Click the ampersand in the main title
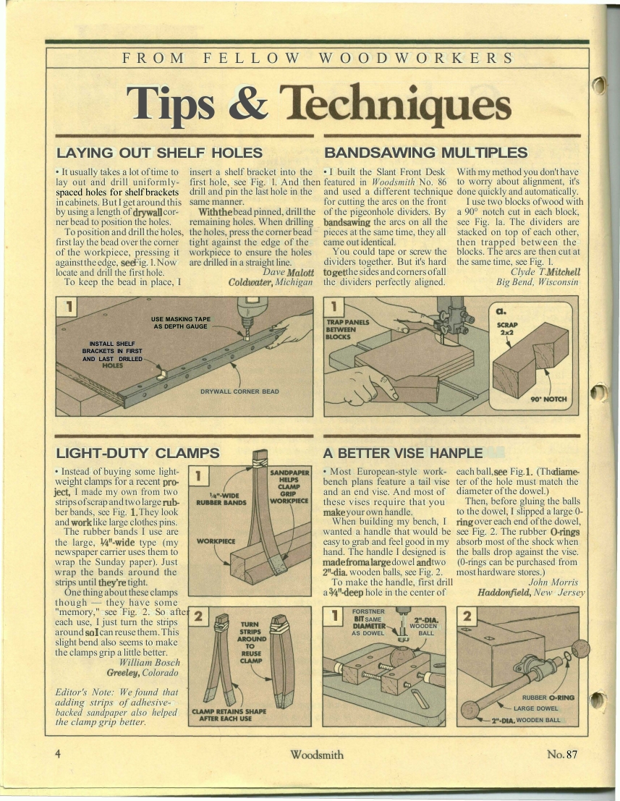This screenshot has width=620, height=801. (x=248, y=101)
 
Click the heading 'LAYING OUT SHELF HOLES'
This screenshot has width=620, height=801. (x=159, y=153)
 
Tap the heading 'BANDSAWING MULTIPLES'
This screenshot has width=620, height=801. (x=425, y=153)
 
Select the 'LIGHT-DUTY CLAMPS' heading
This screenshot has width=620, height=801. (x=137, y=453)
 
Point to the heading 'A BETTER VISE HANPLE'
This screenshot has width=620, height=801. (x=402, y=453)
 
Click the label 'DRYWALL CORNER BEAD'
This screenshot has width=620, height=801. (x=239, y=391)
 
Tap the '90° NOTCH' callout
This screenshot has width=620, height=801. (x=549, y=399)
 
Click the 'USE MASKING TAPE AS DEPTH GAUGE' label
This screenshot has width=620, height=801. (x=181, y=323)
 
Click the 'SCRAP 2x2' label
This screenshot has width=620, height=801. (x=507, y=329)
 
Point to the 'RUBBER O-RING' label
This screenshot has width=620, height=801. (x=548, y=698)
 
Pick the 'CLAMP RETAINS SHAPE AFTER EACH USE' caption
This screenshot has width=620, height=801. (x=229, y=715)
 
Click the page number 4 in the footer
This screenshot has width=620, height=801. (x=58, y=754)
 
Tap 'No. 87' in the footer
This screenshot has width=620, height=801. (x=562, y=754)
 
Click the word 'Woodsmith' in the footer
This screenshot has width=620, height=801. (x=317, y=755)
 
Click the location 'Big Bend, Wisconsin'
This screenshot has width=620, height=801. (x=538, y=282)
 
